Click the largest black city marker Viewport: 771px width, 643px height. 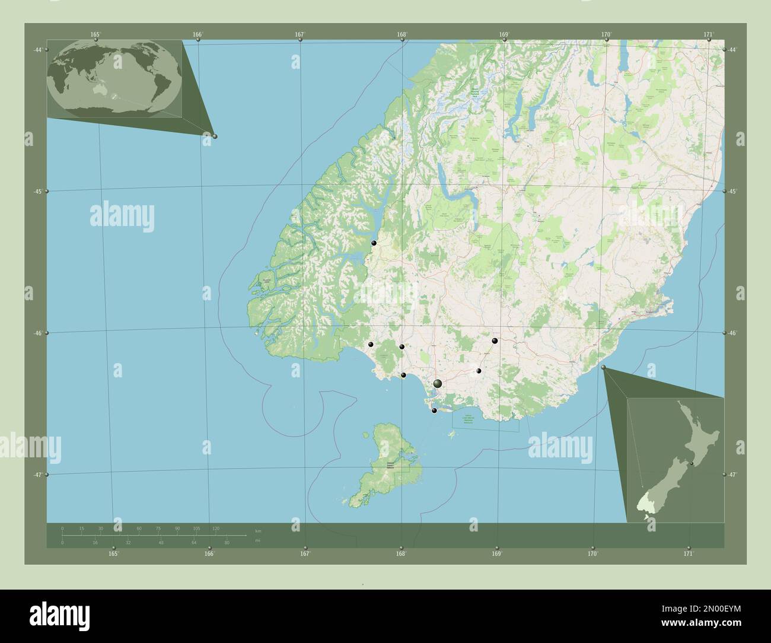[438, 384]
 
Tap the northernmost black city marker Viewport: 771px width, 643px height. [374, 243]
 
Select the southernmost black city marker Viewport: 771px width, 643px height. [434, 410]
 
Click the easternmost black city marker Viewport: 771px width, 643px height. [495, 341]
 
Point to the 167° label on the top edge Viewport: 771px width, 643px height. [300, 34]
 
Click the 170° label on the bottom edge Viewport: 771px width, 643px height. [592, 554]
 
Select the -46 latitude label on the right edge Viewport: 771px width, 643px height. [733, 333]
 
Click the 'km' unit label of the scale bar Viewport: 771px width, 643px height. [257, 530]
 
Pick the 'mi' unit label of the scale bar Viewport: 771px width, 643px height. [257, 541]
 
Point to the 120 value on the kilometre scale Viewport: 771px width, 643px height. [216, 528]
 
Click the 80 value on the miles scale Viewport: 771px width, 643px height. [227, 543]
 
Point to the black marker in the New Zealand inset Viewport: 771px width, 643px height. [692, 463]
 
